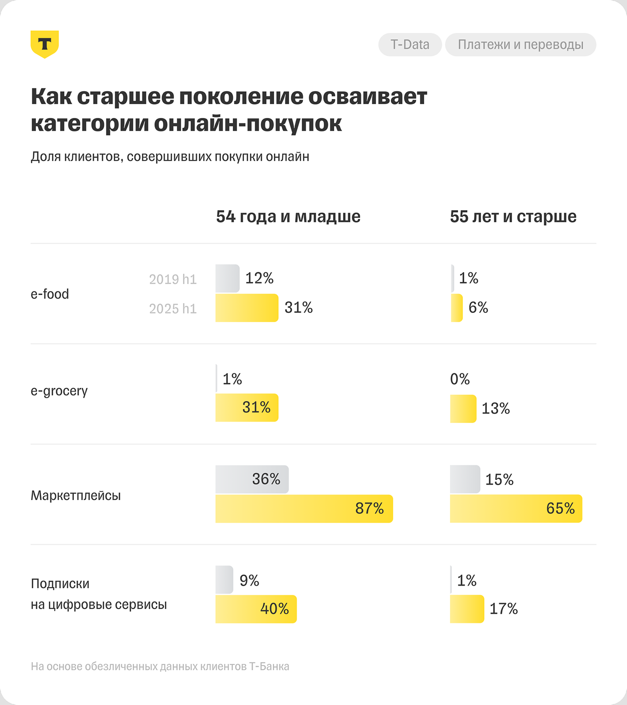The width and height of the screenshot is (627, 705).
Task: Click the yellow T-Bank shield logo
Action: point(45,44)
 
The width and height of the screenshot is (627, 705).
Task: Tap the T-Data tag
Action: point(410,45)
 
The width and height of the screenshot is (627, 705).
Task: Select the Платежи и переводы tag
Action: point(521,45)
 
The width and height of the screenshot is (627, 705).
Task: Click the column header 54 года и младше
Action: point(288,217)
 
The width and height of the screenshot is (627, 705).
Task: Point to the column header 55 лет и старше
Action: point(513,217)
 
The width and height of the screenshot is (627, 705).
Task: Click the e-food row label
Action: point(50,294)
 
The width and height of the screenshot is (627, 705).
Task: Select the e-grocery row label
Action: point(59,391)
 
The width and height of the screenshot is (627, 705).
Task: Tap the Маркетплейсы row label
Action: point(76,496)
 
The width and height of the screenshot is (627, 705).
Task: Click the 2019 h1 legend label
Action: point(173,279)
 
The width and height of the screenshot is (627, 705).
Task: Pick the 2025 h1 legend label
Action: point(173,309)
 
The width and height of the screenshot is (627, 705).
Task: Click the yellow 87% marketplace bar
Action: point(304,509)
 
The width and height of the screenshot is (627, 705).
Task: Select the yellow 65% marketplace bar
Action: point(516,509)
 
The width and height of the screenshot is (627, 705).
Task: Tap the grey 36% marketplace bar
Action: point(252,479)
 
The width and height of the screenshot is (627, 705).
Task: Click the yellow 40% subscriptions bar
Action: point(256,609)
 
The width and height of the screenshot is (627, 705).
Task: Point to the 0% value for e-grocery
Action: point(460,379)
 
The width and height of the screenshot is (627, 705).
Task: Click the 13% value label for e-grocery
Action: point(496,409)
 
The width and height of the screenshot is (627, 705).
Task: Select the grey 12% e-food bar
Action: point(227,278)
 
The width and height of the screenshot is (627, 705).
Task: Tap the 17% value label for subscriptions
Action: point(503,609)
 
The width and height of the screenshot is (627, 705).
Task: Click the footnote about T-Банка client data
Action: point(160,666)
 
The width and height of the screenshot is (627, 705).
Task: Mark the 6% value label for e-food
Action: point(478,308)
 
